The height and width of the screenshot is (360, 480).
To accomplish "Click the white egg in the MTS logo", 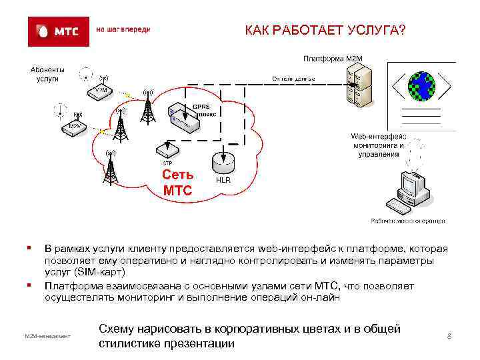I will (44, 31).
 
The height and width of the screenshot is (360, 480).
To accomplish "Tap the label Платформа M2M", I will (334, 58).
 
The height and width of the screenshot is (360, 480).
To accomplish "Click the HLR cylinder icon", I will (221, 163).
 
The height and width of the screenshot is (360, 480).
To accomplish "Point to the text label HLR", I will (223, 181).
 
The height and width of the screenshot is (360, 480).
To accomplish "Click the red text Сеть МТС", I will (177, 183).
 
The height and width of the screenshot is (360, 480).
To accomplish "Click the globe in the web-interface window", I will (421, 85).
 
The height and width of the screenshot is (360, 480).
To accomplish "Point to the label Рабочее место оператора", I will (407, 221).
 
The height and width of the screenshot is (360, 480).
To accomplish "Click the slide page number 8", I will (449, 335).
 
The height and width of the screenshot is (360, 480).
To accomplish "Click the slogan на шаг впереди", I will (124, 30).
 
